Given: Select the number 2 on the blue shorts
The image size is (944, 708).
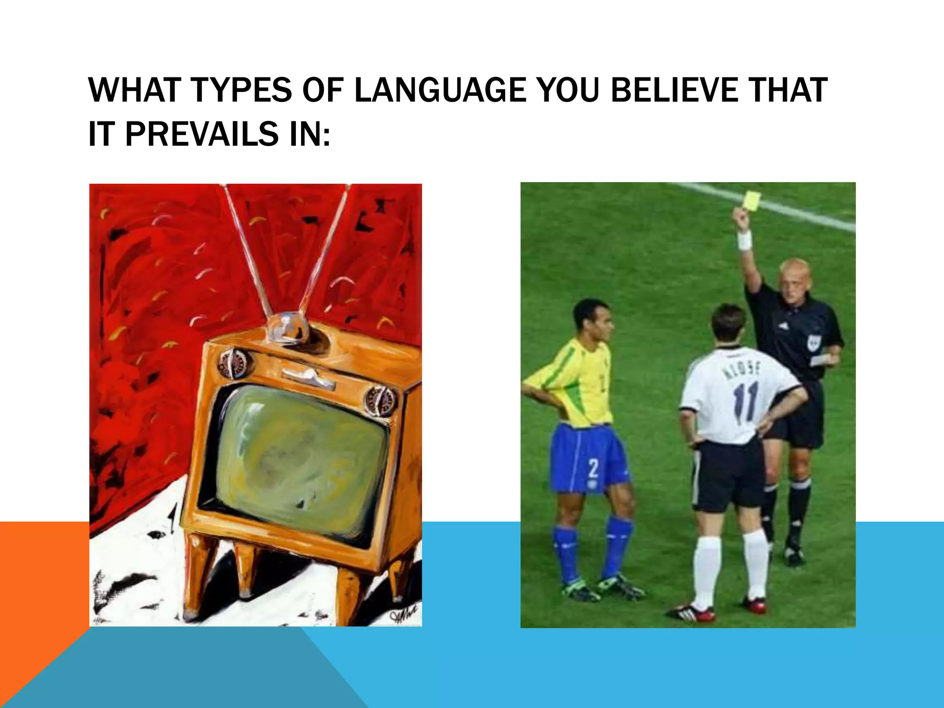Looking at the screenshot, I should (x=594, y=469).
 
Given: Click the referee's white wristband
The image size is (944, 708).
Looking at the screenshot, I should (x=745, y=241).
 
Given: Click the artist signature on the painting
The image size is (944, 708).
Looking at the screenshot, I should (x=403, y=615).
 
